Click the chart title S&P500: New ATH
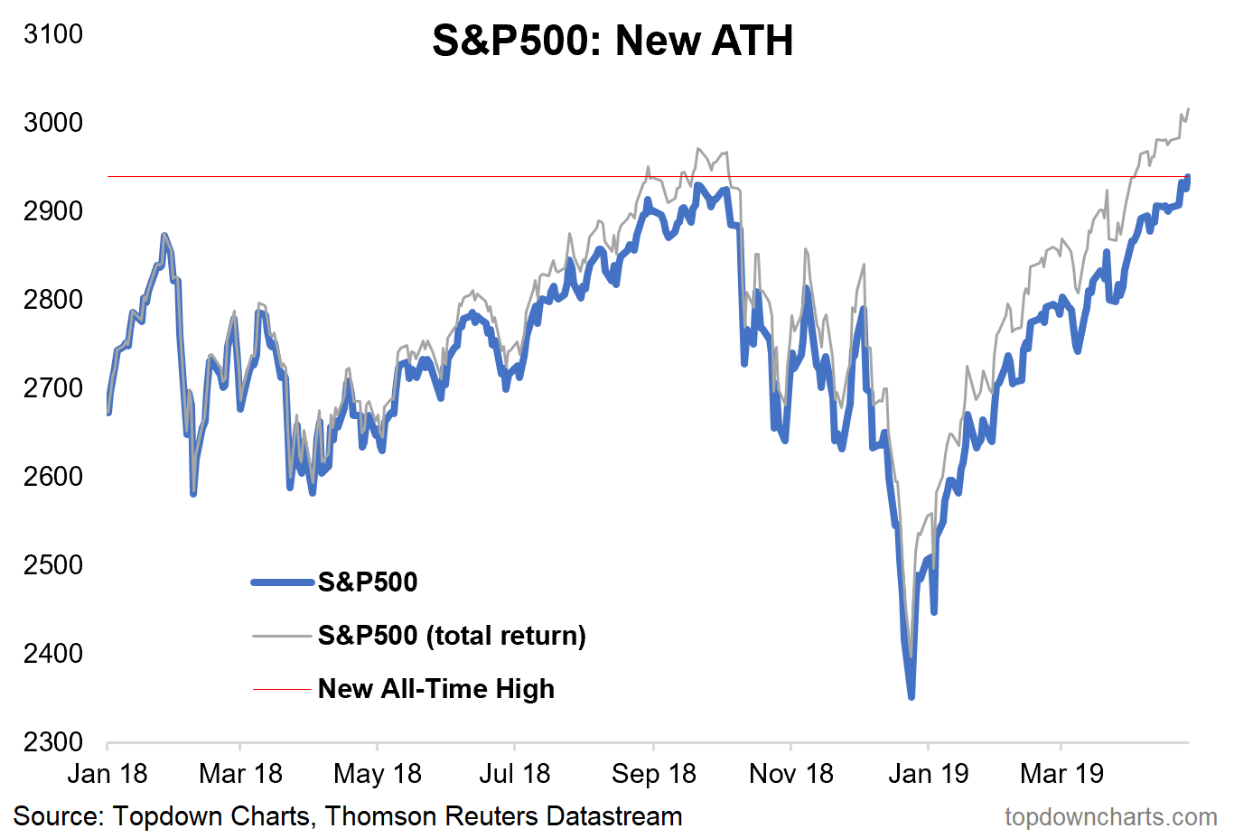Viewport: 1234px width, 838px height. point(612,42)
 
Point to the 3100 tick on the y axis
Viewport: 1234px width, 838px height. point(53,34)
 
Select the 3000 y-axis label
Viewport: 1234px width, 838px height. point(53,122)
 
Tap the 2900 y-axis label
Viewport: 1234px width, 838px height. point(53,210)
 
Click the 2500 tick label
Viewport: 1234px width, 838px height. point(53,564)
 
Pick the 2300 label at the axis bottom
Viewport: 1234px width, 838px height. point(53,741)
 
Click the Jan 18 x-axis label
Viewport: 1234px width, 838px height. point(108,774)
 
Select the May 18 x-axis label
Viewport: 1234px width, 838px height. point(377,774)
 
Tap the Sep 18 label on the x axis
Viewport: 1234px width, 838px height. point(653,774)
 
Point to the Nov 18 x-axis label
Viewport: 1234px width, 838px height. point(790,774)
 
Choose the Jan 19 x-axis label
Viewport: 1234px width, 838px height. point(928,774)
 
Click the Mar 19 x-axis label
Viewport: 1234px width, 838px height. point(1061,774)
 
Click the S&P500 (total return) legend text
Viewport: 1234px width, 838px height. point(452,636)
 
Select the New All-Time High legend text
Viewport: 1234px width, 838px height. point(435,689)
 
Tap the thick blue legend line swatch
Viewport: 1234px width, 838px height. point(283,582)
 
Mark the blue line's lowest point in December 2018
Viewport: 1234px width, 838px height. point(911,696)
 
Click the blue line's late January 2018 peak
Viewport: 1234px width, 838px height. point(164,236)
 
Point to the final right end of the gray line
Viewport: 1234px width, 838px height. point(1188,108)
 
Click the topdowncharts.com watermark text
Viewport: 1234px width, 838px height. point(1110,817)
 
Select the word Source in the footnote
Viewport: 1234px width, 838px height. point(58,817)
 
